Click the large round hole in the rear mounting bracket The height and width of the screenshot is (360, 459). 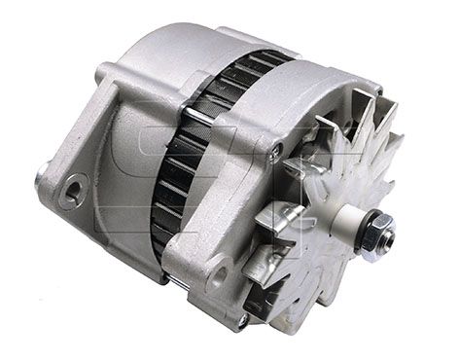point(71,192)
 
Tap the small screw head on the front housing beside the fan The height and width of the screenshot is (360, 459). point(278,151)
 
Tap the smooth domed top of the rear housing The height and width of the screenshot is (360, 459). point(175,49)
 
